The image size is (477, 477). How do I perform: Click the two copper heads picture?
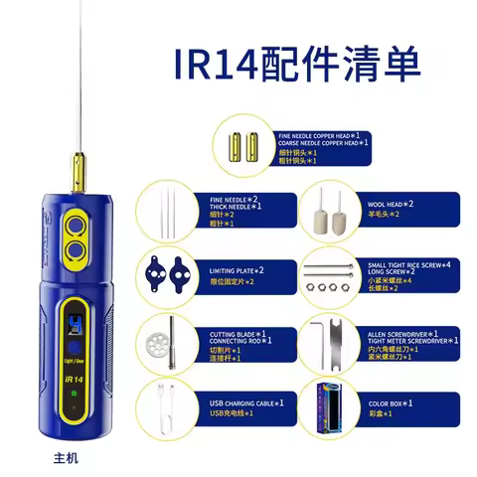pyautogui.click(x=244, y=138)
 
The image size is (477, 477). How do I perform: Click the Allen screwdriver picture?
pyautogui.click(x=329, y=338)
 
